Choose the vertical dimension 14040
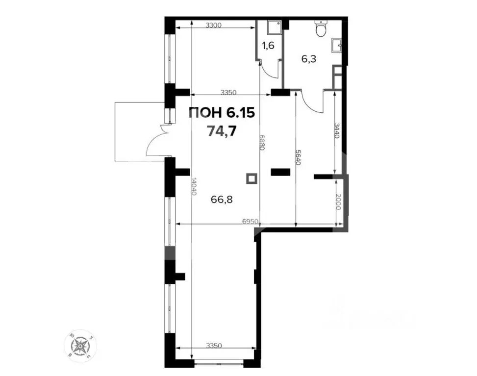194,186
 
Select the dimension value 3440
337,131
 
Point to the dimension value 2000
337,201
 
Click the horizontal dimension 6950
251,222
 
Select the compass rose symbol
79,343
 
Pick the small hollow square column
251,179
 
